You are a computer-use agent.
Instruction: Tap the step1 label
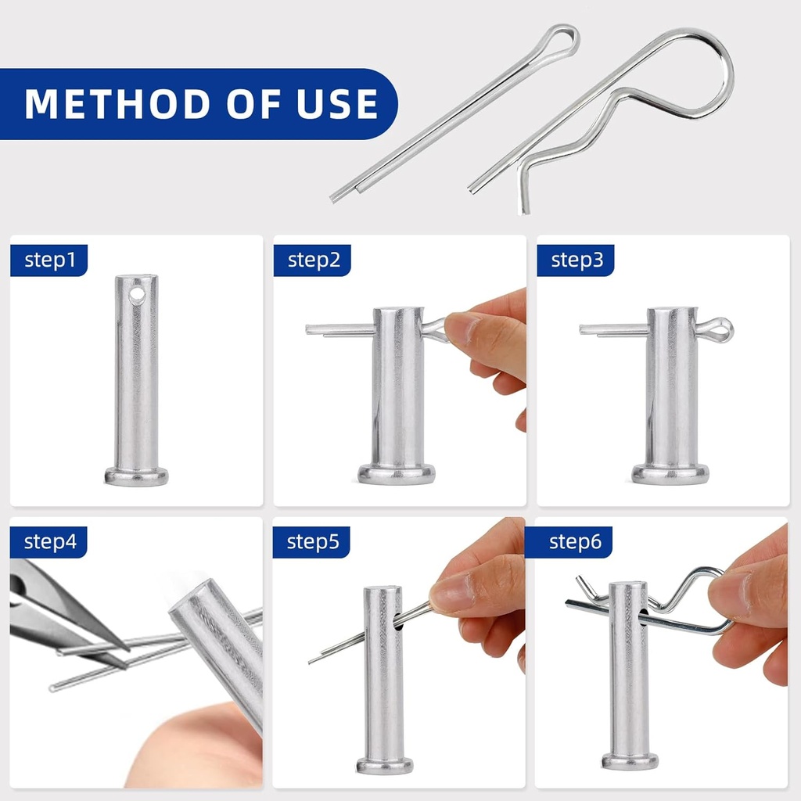click(49, 260)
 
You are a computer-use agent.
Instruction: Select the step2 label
click(313, 260)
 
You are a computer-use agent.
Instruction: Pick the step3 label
click(577, 260)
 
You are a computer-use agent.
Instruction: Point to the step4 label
click(49, 541)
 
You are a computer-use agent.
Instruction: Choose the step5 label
click(313, 541)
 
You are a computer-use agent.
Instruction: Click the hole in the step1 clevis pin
click(137, 295)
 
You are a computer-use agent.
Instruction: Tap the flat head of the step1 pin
click(136, 476)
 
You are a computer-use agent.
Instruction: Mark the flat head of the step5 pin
click(384, 764)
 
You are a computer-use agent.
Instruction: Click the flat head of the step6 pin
click(630, 760)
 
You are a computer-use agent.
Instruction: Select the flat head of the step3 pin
click(670, 473)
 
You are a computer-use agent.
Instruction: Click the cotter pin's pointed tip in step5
click(312, 662)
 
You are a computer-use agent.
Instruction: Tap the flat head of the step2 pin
click(397, 473)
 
